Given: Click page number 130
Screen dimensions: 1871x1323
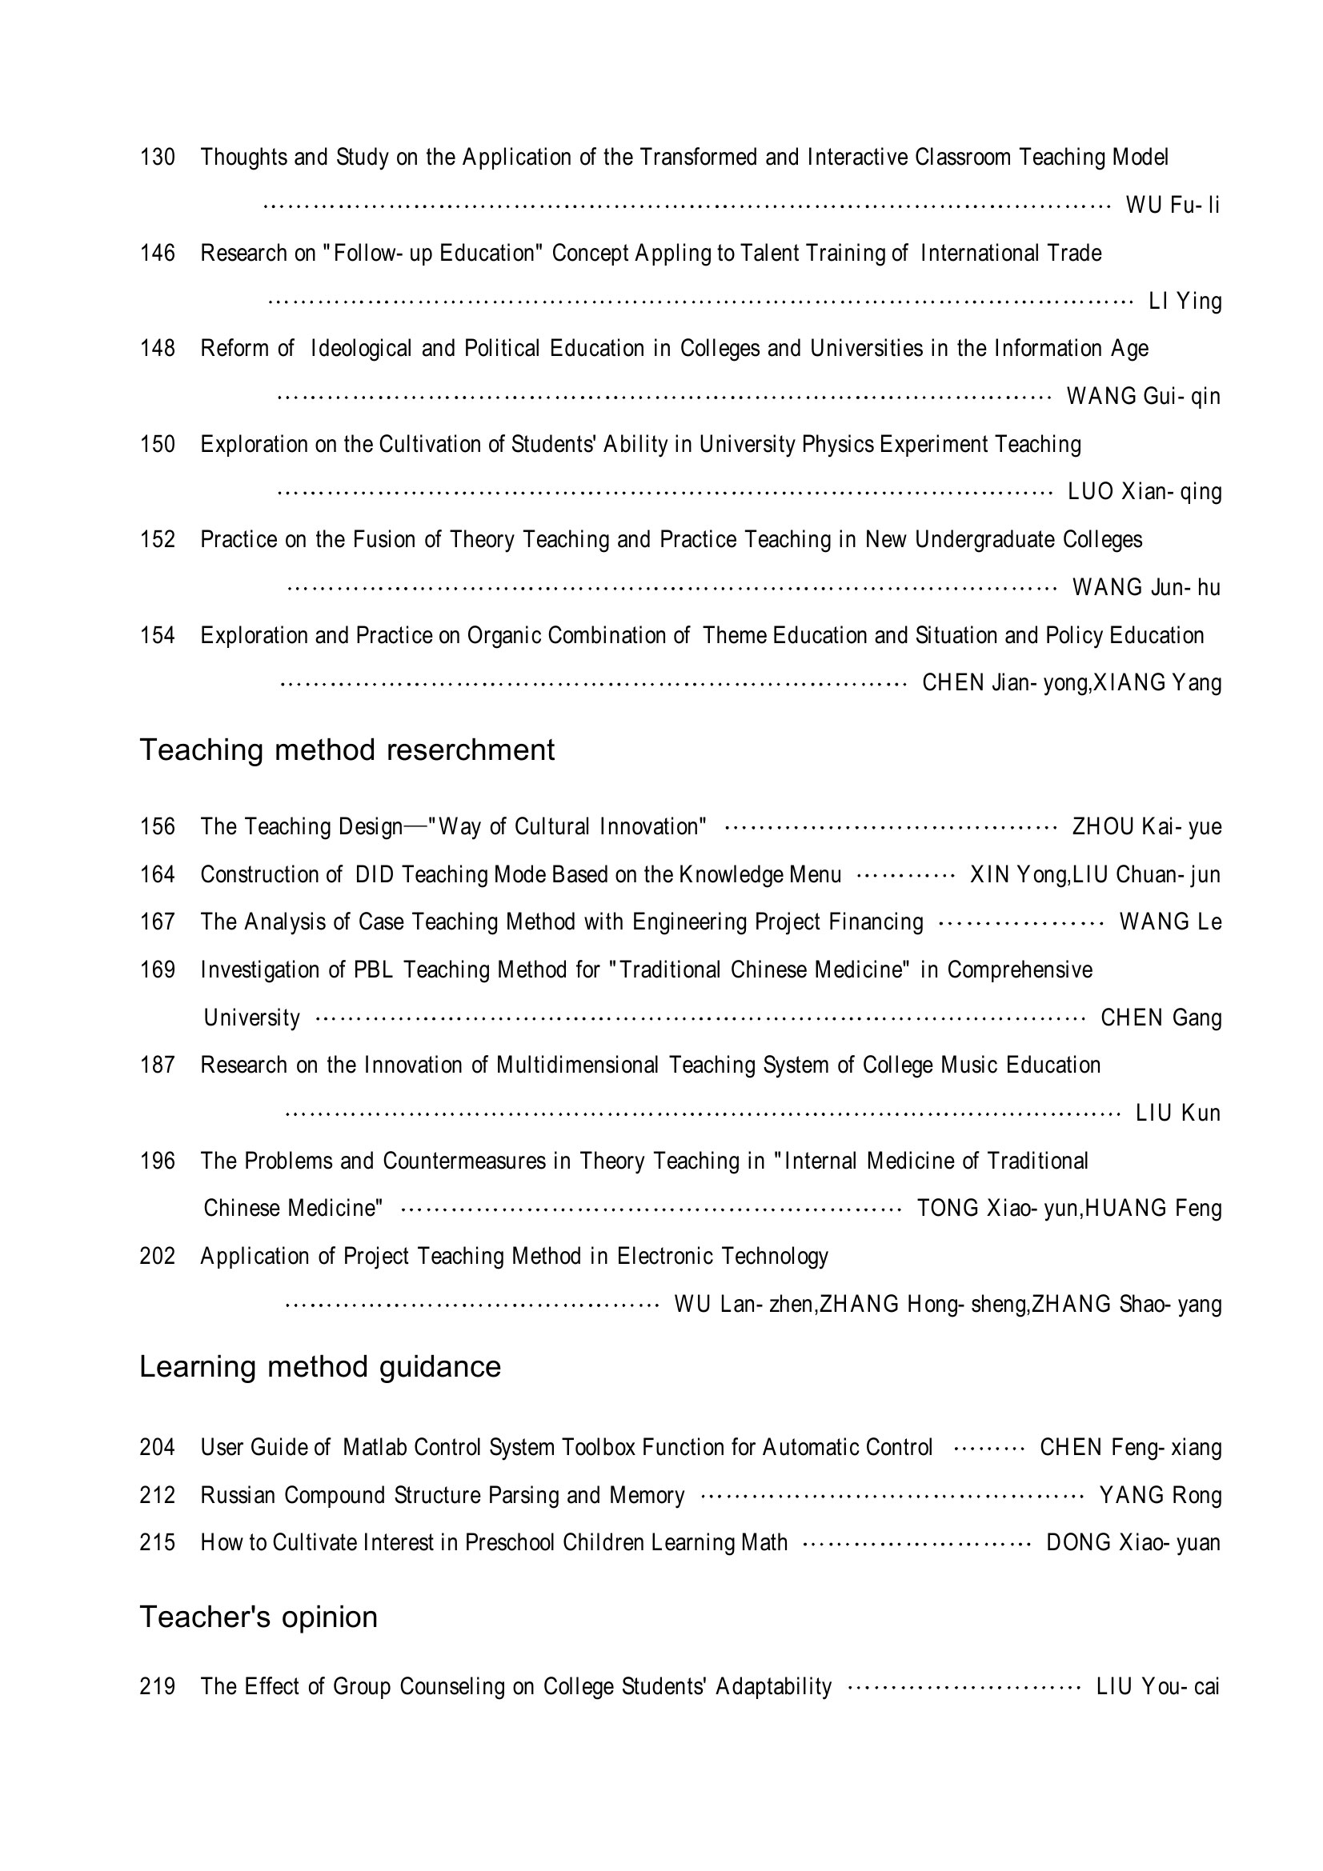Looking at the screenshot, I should click(x=158, y=157).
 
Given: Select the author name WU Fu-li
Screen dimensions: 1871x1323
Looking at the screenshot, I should click(x=1173, y=205).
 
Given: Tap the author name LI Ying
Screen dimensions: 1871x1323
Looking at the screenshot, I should click(x=1185, y=301).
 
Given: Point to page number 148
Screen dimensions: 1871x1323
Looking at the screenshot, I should click(x=158, y=348).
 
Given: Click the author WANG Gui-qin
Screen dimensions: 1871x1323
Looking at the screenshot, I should click(x=1143, y=396).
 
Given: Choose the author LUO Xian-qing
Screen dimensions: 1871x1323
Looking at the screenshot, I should click(x=1144, y=491).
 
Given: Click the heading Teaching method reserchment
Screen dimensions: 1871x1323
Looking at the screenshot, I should click(x=347, y=750).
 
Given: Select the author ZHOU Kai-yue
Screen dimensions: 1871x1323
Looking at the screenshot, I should click(x=1146, y=826).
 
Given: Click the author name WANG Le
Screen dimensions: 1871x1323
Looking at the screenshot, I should click(x=1170, y=922).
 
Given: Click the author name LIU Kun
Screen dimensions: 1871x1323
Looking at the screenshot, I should click(x=1178, y=1113).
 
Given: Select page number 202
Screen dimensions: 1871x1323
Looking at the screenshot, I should click(x=158, y=1256).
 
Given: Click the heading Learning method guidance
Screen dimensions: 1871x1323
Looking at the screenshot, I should click(x=319, y=1366).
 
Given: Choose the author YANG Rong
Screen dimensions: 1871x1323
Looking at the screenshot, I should click(x=1160, y=1495).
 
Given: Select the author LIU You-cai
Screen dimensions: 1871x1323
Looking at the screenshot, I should click(x=1157, y=1686).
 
